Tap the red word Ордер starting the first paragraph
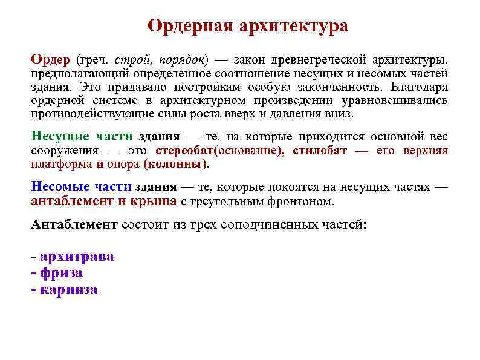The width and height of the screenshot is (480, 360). [51, 60]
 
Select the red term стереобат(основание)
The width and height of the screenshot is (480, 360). [220, 149]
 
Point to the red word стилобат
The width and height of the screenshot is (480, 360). [320, 149]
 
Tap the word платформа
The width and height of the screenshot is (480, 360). [61, 163]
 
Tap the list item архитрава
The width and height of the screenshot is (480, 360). [77, 256]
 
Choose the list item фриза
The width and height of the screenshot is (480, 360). [61, 272]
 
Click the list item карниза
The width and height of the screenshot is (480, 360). [68, 289]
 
